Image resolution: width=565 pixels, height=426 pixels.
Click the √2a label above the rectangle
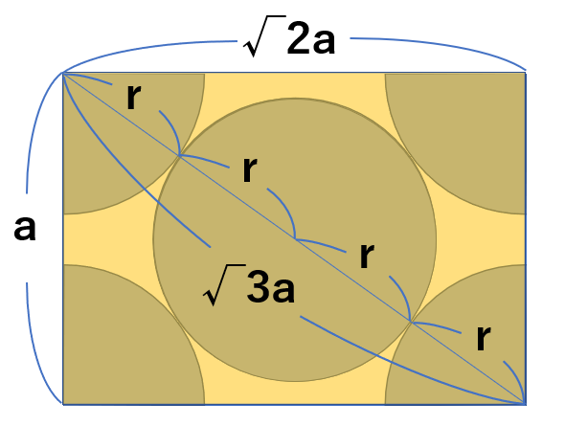coord(289,36)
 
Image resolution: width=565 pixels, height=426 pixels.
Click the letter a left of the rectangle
coord(25,228)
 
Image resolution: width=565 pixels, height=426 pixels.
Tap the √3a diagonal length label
coord(249,285)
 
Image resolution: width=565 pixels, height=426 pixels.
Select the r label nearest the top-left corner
coord(133,97)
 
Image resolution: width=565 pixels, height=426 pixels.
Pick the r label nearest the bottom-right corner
coord(483,337)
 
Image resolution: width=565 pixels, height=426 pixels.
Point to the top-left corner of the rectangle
coord(63,73)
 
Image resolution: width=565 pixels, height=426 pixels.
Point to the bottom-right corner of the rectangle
coord(526,404)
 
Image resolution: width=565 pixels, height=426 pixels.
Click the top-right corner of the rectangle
coord(526,73)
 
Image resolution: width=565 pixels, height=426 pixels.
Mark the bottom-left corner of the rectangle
coord(63,404)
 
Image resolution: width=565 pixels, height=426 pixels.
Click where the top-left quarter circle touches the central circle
coord(179,156)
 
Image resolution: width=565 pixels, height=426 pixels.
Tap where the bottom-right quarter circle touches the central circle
coord(411,321)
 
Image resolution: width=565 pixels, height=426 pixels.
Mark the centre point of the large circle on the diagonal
coord(295,238)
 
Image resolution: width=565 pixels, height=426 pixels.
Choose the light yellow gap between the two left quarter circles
coord(108,239)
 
